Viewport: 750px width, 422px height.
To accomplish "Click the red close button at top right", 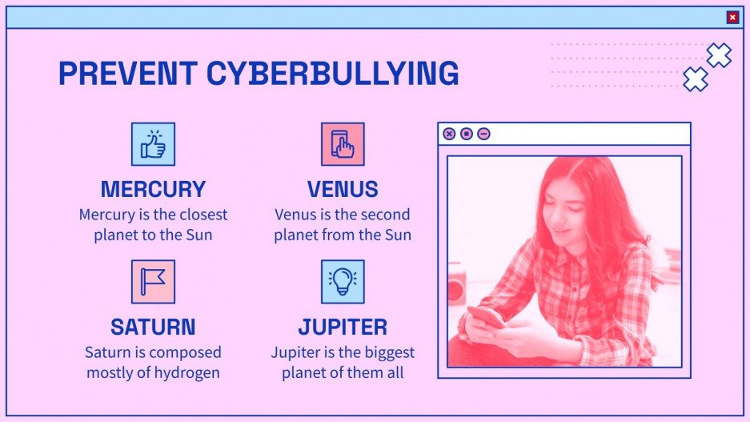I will coord(732,18).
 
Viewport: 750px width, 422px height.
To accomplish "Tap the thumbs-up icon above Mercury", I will coord(153,144).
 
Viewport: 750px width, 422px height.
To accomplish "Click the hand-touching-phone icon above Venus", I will coord(343,144).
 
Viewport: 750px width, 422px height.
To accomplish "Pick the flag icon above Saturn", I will coord(153,281).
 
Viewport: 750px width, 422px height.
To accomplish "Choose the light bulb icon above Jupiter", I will coord(343,281).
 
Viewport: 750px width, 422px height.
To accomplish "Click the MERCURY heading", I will coord(153,190).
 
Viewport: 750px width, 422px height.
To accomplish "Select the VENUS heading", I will coord(343,190).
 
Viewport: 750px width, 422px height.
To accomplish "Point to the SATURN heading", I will coord(153,327).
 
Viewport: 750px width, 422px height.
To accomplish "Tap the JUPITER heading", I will coord(343,327).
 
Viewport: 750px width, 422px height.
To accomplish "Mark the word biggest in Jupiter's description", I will coord(389,352).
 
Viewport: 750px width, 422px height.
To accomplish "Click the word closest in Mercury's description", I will coord(200,215).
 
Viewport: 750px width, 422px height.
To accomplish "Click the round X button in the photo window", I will coord(449,134).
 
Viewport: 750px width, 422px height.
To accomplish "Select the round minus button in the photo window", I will coord(483,134).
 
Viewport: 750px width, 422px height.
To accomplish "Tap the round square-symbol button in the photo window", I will coord(467,134).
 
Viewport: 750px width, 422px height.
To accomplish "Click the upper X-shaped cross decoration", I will coord(719,54).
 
